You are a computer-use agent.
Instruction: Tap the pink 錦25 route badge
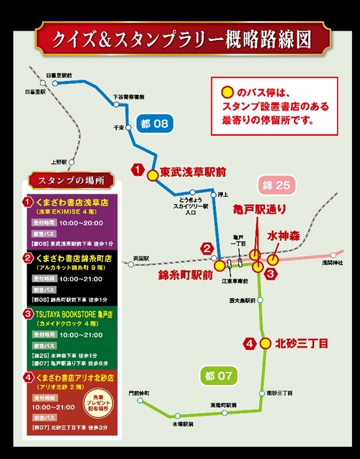pos(276,186)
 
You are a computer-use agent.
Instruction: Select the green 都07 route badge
pos(218,376)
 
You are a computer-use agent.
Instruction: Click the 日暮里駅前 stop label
pos(59,75)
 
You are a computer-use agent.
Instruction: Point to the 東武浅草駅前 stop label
pos(193,172)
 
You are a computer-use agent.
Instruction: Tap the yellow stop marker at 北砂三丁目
pos(265,343)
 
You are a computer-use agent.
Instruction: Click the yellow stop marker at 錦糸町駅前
pos(219,265)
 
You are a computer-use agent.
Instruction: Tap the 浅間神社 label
pos(332,263)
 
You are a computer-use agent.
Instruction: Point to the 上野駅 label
pos(58,162)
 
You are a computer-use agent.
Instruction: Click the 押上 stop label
pos(223,194)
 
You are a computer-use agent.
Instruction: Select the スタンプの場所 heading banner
pos(72,180)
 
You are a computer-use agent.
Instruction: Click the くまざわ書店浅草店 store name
pos(73,203)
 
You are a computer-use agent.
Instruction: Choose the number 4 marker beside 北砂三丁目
pos(249,343)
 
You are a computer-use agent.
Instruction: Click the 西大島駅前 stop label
pos(240,300)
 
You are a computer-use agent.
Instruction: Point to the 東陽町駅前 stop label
pos(223,405)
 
